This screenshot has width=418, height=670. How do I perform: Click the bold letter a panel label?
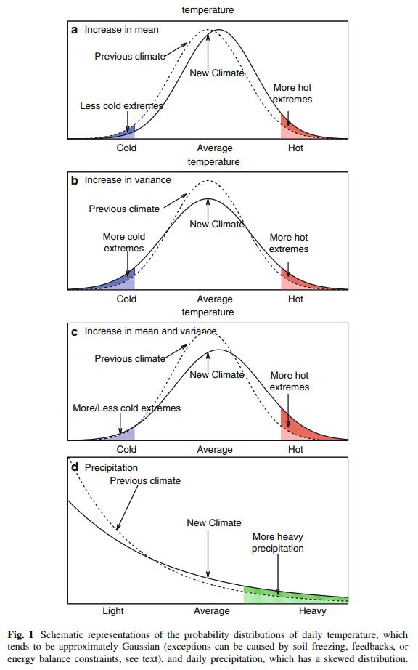[x=74, y=30]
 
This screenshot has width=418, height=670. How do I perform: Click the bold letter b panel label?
[x=74, y=179]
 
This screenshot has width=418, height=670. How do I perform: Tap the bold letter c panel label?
[x=74, y=331]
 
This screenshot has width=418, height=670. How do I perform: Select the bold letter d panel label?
[x=74, y=467]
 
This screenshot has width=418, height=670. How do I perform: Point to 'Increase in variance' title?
[x=128, y=179]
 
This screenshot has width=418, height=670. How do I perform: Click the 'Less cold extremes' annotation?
[x=121, y=106]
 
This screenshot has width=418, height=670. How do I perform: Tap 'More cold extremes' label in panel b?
[x=123, y=243]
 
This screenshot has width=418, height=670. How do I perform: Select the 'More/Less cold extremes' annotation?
[x=126, y=408]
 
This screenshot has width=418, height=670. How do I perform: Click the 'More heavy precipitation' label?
[x=278, y=543]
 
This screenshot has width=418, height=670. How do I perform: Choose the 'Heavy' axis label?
[x=313, y=611]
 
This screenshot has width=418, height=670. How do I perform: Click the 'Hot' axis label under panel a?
[x=295, y=148]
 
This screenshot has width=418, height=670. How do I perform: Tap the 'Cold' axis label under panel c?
[x=126, y=450]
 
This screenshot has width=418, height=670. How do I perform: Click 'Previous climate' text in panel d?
[x=145, y=480]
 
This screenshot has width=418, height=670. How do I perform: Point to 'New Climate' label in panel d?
[x=214, y=522]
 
